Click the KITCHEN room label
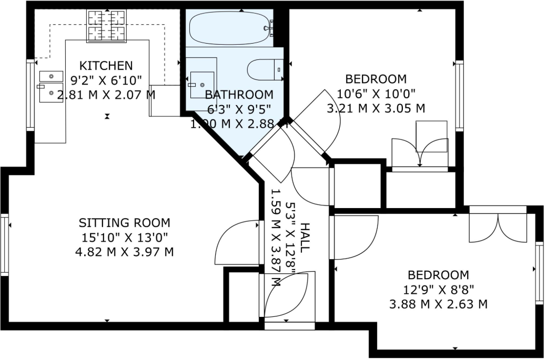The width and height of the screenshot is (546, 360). pyautogui.click(x=106, y=66)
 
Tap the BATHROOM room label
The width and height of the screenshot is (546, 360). pyautogui.click(x=239, y=95)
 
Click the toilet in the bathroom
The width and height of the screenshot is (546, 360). pyautogui.click(x=266, y=69)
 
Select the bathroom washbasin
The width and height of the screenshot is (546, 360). pyautogui.click(x=201, y=85)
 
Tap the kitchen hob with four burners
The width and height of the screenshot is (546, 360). pyautogui.click(x=107, y=26)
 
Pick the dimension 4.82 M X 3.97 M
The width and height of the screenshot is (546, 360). pyautogui.click(x=124, y=252)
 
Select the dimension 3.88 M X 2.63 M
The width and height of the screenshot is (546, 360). pyautogui.click(x=438, y=304)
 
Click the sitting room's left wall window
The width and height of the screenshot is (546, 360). pyautogui.click(x=5, y=245)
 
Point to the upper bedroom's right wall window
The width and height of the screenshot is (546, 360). pyautogui.click(x=459, y=96)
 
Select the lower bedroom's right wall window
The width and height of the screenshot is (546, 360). pyautogui.click(x=539, y=273)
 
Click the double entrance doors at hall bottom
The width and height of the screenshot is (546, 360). pyautogui.click(x=289, y=296)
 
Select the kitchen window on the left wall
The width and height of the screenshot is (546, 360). pyautogui.click(x=31, y=95)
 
